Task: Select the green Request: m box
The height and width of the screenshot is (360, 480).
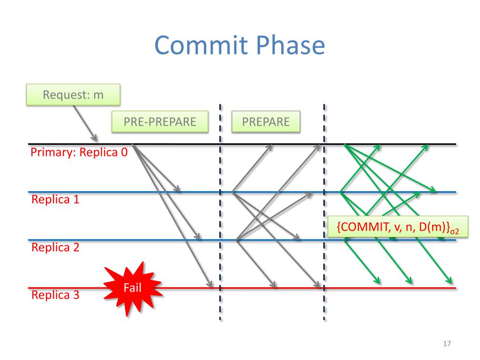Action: pos(73,95)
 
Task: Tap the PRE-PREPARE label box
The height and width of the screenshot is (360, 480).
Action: pos(160,122)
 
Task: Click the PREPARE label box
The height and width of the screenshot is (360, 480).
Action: pos(266,122)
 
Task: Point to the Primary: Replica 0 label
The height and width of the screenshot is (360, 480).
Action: pos(79,152)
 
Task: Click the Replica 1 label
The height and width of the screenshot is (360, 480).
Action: pos(55,200)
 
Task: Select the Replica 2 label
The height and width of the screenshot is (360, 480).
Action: pos(55,247)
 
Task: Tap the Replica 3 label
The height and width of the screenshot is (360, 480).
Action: pos(55,295)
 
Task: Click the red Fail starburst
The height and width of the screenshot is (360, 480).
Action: pos(133,287)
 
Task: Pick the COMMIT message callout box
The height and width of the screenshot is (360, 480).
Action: pos(397,227)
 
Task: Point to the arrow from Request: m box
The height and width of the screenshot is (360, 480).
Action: pos(85,123)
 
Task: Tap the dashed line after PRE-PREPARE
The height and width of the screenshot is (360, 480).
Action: pos(220,211)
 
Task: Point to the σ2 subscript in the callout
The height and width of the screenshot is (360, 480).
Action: pos(454,231)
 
